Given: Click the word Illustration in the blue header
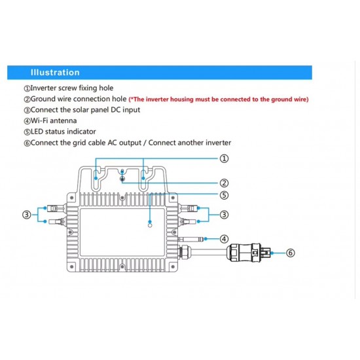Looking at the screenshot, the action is click(x=55, y=73).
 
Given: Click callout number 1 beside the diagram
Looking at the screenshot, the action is click(x=224, y=158).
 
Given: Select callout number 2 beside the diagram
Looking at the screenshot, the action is click(x=224, y=183).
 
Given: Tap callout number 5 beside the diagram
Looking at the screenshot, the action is click(x=224, y=195).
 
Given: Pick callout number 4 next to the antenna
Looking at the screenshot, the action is click(x=224, y=239).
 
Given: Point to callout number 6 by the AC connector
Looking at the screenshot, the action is click(x=291, y=253).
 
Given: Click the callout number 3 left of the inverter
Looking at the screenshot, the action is click(x=27, y=215).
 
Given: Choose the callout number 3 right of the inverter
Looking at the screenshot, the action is click(x=224, y=215).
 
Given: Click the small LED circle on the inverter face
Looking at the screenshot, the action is click(x=150, y=225).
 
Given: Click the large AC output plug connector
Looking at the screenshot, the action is click(x=249, y=253).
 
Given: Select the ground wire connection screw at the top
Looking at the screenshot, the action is click(x=122, y=179).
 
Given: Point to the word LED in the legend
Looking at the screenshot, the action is click(x=37, y=132).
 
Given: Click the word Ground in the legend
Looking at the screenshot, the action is click(x=43, y=99).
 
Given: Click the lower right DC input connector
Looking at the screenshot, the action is click(x=188, y=221).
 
